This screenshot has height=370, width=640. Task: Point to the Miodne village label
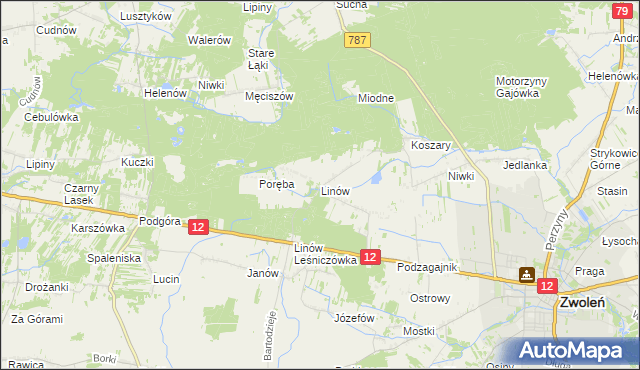(x=376, y=98)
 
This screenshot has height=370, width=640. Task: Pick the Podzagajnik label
(x=426, y=269)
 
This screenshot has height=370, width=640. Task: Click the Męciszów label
(x=268, y=97)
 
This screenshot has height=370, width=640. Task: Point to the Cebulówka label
(x=51, y=117)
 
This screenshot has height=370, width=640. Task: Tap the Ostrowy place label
(x=432, y=298)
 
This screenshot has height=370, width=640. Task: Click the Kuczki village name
(x=137, y=162)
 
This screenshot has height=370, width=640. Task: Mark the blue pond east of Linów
(x=376, y=177)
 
